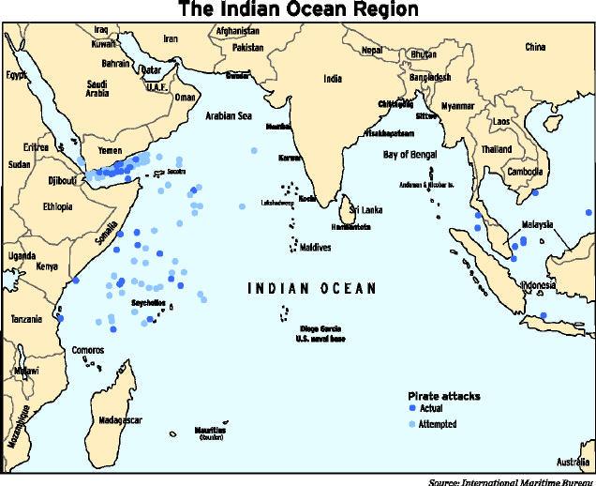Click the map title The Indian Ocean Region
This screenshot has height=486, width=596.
(298, 10)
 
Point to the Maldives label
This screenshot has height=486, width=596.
(319, 247)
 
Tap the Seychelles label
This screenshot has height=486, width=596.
(148, 303)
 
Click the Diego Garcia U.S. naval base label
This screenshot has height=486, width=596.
(324, 331)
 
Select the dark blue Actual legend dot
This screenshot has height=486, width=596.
(412, 410)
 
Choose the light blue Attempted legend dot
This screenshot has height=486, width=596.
(412, 424)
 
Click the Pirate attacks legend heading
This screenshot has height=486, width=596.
(443, 396)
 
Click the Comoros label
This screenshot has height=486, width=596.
(88, 351)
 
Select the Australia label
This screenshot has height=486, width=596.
(572, 463)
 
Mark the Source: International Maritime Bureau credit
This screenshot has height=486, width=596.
(510, 480)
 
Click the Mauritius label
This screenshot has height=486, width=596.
(212, 430)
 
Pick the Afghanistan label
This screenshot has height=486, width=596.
(237, 30)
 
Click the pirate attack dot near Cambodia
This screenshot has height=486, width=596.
(533, 194)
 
